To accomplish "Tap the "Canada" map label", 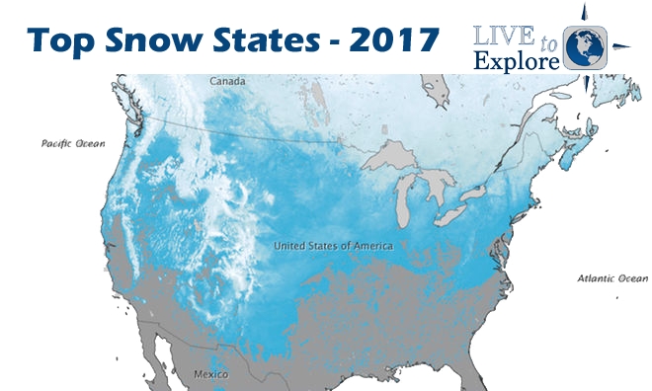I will click(228, 81).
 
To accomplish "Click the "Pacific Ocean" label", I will click(72, 143).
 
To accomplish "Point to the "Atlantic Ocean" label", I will click(612, 278).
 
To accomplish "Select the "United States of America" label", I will click(333, 245).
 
